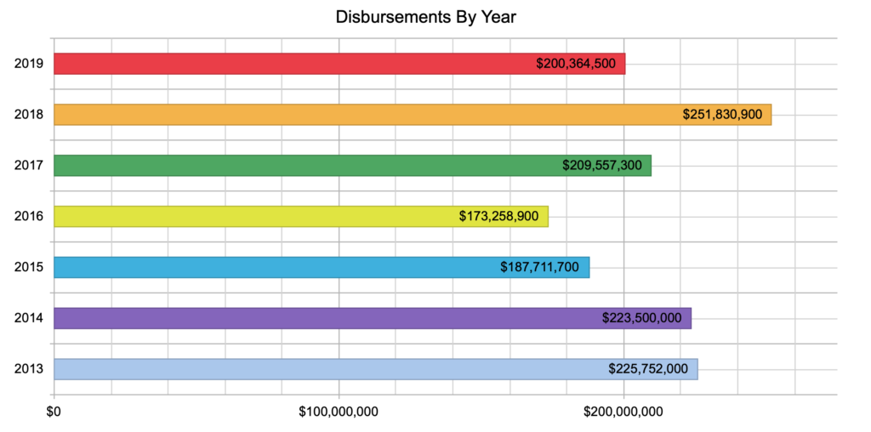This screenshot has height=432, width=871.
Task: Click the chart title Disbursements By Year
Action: click(x=426, y=17)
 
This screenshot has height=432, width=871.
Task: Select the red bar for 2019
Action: click(x=289, y=64)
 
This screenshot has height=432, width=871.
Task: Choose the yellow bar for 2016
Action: click(x=255, y=216)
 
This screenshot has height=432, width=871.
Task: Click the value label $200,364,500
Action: click(x=576, y=64)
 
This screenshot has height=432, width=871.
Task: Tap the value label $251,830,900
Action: click(x=722, y=115)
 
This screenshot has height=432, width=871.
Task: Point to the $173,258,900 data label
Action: click(x=498, y=216)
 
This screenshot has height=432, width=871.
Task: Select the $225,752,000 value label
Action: click(x=648, y=369)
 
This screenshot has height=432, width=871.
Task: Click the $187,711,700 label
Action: click(x=539, y=267)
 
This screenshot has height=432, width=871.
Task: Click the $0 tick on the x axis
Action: click(x=54, y=412)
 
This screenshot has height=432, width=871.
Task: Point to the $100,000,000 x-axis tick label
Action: click(x=339, y=412)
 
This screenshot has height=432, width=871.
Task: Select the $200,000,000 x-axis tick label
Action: click(x=623, y=412)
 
